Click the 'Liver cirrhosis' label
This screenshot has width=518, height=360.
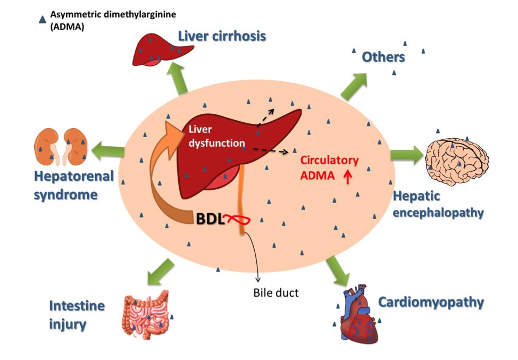click(221, 37)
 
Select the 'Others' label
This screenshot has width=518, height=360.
click(383, 57)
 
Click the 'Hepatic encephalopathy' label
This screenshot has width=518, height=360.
click(438, 205)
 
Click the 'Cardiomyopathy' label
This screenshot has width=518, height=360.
click(431, 303)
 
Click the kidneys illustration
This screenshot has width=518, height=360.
click(61, 146)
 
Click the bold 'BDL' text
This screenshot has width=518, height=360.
click(210, 219)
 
